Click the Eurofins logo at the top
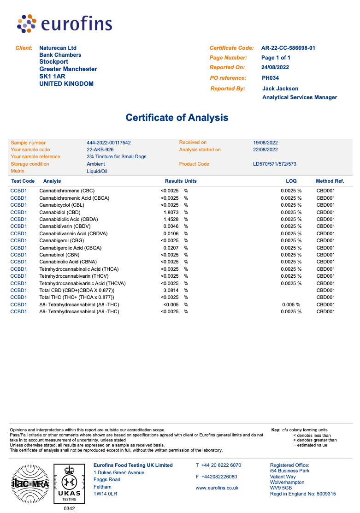[x=65, y=24]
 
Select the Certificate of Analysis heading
[x=177, y=118]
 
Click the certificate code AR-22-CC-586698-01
[x=288, y=48]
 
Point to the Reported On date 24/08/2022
[x=276, y=67]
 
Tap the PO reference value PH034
[x=270, y=78]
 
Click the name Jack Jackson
[x=280, y=89]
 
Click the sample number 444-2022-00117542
[x=109, y=143]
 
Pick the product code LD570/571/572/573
[x=275, y=164]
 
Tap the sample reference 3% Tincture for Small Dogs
[x=117, y=157]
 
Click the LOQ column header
[x=291, y=181]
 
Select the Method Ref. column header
[x=330, y=181]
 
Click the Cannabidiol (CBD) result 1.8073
[x=171, y=212]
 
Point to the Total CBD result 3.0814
[x=171, y=290]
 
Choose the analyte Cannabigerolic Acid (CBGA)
[x=71, y=248]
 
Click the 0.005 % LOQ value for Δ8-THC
[x=291, y=304]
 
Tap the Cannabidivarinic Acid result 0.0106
[x=171, y=233]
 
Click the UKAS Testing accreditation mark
[x=69, y=483]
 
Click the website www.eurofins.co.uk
[x=217, y=488]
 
